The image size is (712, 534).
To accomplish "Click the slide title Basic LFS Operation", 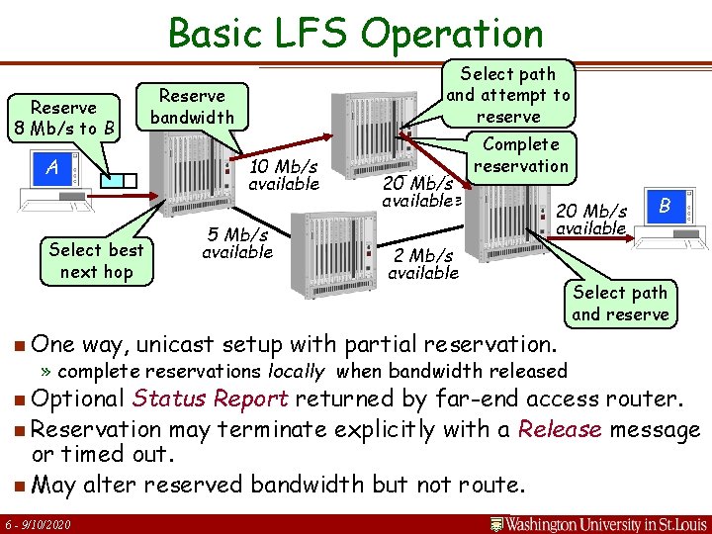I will [356, 33].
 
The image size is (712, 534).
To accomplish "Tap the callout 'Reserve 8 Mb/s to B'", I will [63, 118].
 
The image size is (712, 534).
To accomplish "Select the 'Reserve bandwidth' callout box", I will [192, 107].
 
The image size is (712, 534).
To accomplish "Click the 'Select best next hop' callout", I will [96, 261].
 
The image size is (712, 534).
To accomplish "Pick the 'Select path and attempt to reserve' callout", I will [508, 95].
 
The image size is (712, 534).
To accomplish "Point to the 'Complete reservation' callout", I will [520, 154].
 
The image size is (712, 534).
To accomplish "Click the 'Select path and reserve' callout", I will [620, 304].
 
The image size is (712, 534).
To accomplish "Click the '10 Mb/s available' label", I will [284, 175].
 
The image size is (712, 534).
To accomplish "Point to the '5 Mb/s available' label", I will [236, 243].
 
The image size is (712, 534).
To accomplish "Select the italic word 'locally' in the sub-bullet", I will [297, 372].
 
